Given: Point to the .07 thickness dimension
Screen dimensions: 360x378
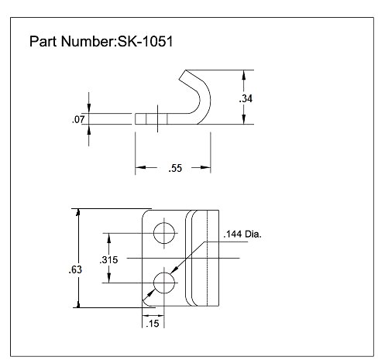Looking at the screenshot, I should tap(77, 120).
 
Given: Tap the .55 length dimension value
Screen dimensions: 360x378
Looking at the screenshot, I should tap(175, 167).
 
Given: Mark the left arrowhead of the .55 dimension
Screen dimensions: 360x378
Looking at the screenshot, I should tap(140, 166).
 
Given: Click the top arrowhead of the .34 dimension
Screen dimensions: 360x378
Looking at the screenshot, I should tap(245, 74).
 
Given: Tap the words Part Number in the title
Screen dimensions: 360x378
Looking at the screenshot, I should tap(71, 40).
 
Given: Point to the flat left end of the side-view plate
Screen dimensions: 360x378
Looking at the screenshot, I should tap(136, 120).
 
